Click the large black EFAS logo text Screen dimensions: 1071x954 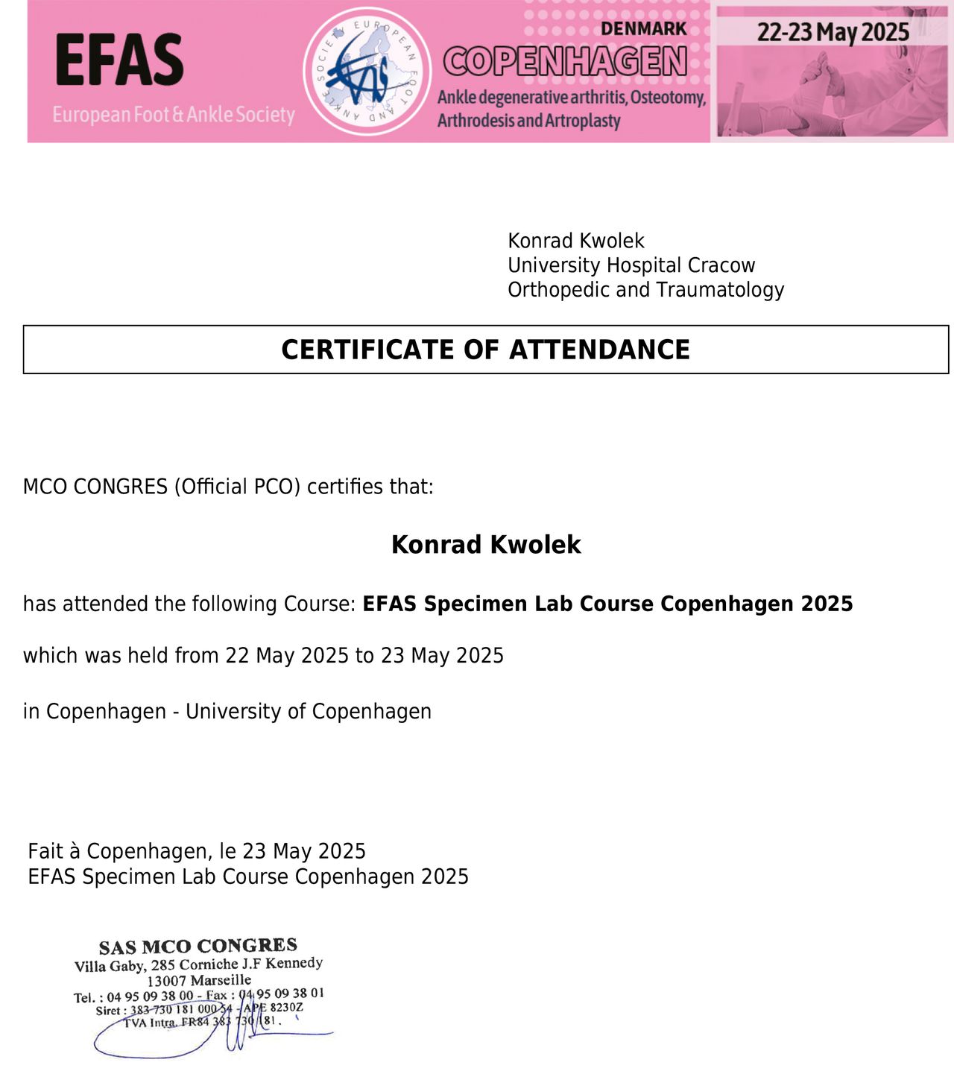[119, 60]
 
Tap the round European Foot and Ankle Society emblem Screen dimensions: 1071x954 [367, 72]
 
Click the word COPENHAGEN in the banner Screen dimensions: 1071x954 [565, 62]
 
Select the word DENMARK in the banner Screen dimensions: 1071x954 [643, 29]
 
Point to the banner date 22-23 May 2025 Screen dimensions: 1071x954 [833, 32]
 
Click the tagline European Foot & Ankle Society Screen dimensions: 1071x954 [174, 115]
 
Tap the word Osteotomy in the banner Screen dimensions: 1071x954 [668, 98]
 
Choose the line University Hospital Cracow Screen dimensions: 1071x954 [631, 265]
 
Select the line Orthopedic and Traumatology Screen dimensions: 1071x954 [645, 290]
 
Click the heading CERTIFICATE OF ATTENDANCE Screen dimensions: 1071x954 [485, 350]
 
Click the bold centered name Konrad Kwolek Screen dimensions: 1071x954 [486, 545]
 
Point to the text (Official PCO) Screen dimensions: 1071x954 [237, 487]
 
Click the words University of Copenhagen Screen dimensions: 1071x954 [308, 712]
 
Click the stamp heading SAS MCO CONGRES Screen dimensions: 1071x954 [198, 946]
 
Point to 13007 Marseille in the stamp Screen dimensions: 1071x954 [199, 981]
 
